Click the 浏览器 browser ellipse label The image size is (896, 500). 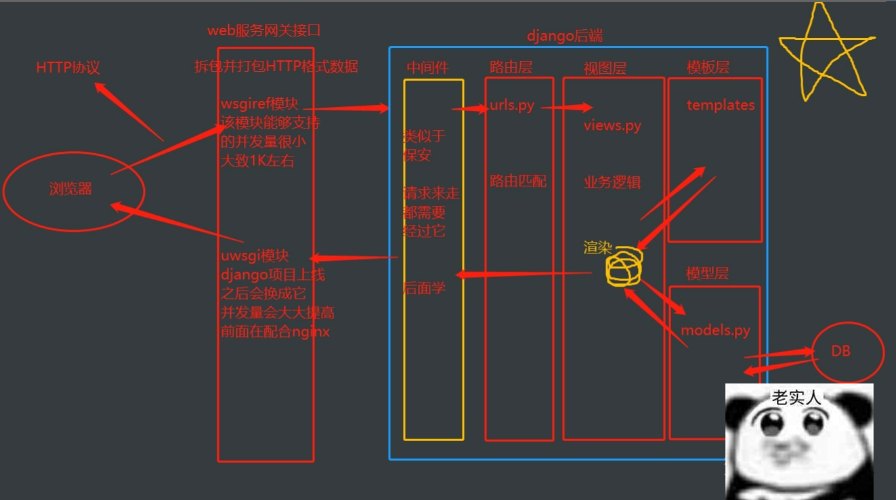click(70, 190)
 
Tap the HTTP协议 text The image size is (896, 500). click(68, 68)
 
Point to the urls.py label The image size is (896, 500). click(511, 106)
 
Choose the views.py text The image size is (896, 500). click(612, 125)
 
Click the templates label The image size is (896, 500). click(720, 105)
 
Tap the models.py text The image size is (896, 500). click(715, 331)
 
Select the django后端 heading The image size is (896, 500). click(564, 37)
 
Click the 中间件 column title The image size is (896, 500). click(427, 67)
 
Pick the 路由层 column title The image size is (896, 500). click(511, 67)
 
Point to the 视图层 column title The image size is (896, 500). click(605, 68)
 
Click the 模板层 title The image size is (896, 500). click(708, 67)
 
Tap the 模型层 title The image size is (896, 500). click(707, 274)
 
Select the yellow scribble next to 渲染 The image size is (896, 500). click(623, 268)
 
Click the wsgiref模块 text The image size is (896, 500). click(259, 104)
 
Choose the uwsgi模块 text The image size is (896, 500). click(255, 256)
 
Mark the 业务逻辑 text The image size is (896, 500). click(612, 182)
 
